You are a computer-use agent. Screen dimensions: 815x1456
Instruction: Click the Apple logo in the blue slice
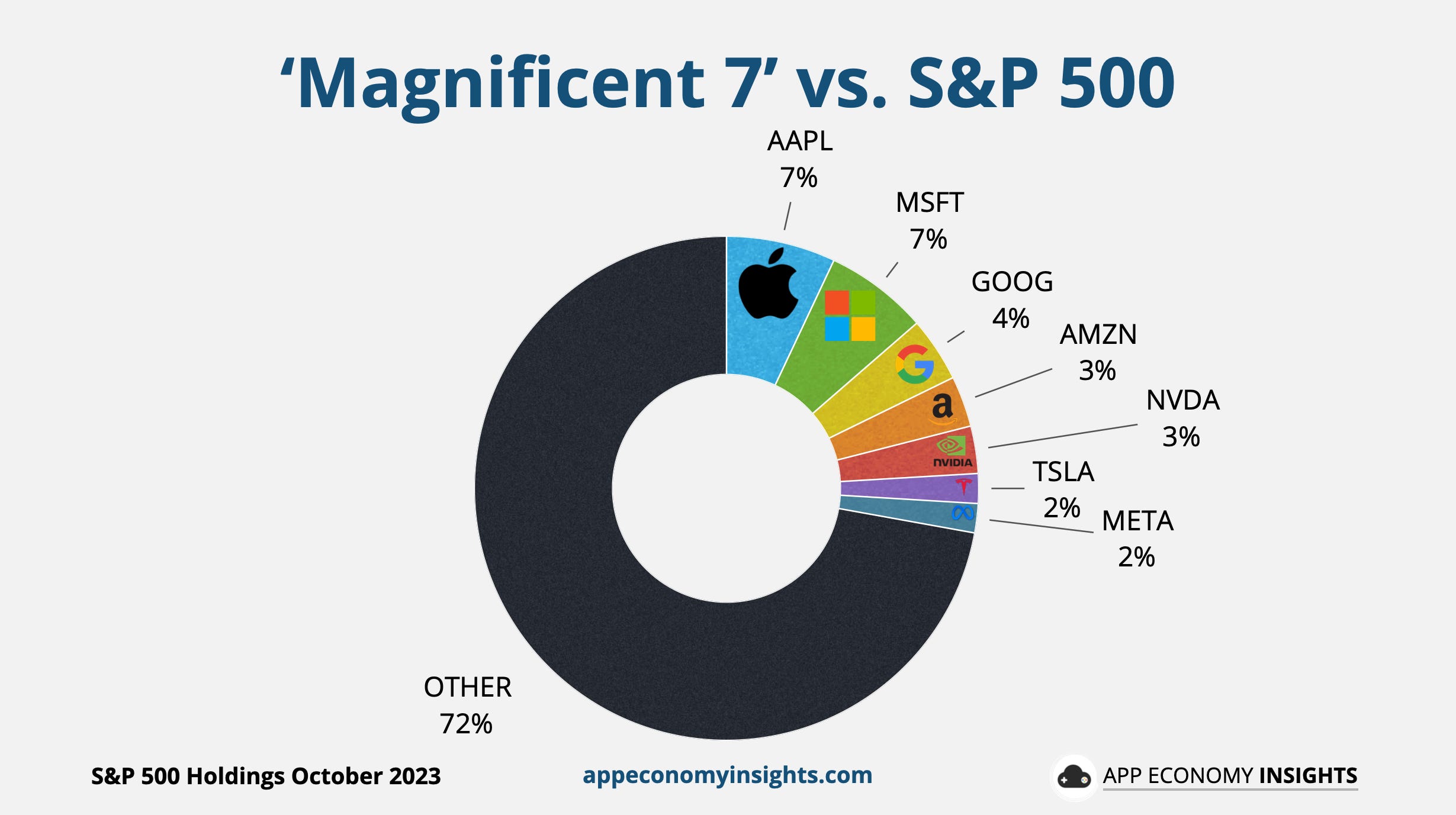(x=769, y=285)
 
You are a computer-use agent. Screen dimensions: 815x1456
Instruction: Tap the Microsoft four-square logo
(x=850, y=315)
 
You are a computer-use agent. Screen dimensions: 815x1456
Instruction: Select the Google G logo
(x=915, y=364)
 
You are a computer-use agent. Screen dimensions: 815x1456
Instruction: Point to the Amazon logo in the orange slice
(x=942, y=408)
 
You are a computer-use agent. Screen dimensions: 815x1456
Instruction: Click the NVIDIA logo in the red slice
(x=952, y=452)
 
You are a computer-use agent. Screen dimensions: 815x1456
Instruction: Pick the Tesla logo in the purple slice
(x=964, y=487)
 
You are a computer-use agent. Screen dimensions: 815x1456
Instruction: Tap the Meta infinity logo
(x=963, y=513)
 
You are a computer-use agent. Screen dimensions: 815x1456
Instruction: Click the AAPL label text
(x=799, y=141)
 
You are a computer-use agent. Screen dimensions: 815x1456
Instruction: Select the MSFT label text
(x=930, y=203)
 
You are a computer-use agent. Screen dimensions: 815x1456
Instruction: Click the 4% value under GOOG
(x=1011, y=318)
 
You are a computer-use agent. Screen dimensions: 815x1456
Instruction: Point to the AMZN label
(x=1098, y=334)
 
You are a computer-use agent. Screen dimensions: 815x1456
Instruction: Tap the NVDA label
(x=1182, y=401)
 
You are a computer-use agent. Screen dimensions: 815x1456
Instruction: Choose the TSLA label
(x=1063, y=472)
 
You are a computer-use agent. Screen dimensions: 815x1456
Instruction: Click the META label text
(x=1137, y=521)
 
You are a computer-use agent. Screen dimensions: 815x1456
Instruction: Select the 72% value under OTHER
(x=466, y=724)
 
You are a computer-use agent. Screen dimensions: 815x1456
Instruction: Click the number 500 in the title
(x=1116, y=83)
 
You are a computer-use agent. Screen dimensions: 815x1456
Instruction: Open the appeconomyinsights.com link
(x=727, y=775)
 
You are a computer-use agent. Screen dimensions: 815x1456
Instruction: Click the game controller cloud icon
(x=1073, y=777)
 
